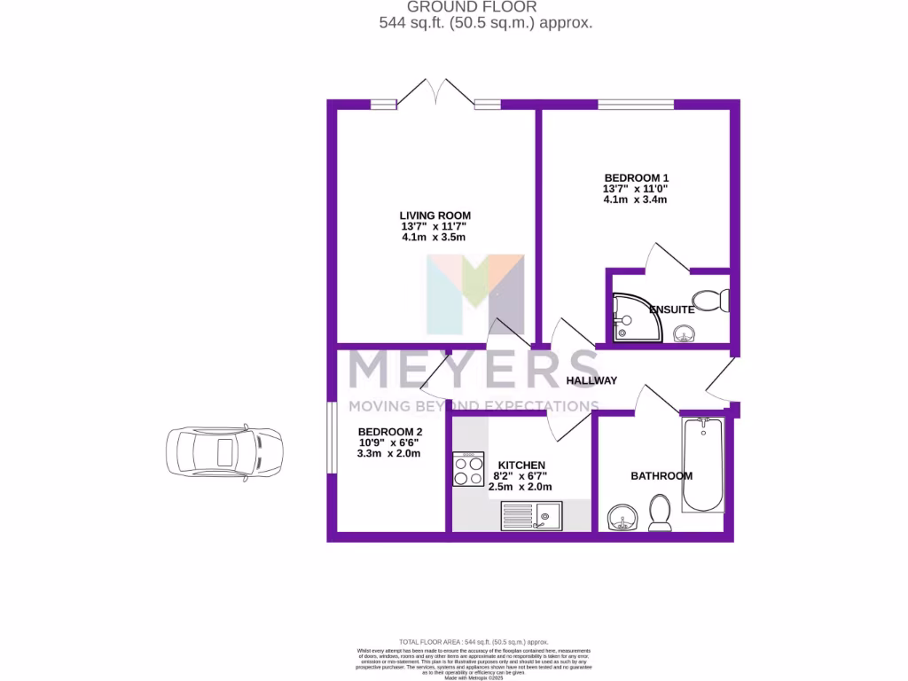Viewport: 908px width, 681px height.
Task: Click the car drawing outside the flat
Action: (223, 451)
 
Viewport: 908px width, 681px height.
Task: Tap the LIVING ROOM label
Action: (434, 215)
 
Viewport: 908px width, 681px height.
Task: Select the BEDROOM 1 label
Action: (636, 177)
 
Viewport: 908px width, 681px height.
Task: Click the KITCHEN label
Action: (521, 465)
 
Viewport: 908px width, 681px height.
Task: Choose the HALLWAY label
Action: (591, 381)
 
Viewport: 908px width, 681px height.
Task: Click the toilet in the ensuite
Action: (711, 300)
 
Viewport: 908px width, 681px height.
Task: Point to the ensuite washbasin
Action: (684, 334)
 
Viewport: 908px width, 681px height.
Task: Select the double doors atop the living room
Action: (434, 94)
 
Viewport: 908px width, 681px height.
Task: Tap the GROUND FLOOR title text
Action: (484, 7)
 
